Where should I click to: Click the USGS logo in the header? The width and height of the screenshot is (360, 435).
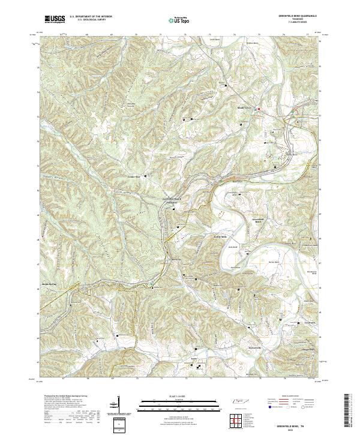click(55, 20)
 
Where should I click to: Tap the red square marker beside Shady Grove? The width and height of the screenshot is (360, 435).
click(259, 109)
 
